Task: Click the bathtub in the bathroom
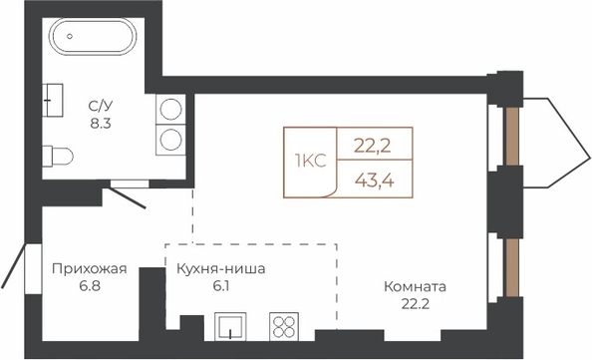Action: pyautogui.click(x=93, y=36)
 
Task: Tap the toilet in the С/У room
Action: pyautogui.click(x=58, y=156)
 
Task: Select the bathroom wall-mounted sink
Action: pyautogui.click(x=52, y=100)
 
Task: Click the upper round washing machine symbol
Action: pyautogui.click(x=170, y=109)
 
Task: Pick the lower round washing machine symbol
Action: pyautogui.click(x=170, y=140)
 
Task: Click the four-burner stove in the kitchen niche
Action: pyautogui.click(x=284, y=327)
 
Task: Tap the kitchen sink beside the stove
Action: pyautogui.click(x=230, y=327)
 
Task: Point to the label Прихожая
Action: pyautogui.click(x=90, y=269)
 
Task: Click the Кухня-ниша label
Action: pyautogui.click(x=221, y=269)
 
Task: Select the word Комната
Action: pyautogui.click(x=415, y=287)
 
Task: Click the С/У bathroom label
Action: pyautogui.click(x=101, y=106)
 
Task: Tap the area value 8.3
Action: pyautogui.click(x=101, y=124)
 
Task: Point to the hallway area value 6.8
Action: pyautogui.click(x=90, y=286)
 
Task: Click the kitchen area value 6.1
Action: pyautogui.click(x=221, y=286)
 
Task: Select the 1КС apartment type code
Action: pyautogui.click(x=310, y=162)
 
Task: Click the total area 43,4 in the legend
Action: pyautogui.click(x=375, y=181)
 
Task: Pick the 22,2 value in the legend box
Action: pyautogui.click(x=373, y=146)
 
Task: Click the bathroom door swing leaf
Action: pyautogui.click(x=125, y=197)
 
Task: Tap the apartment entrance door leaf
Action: pyautogui.click(x=14, y=265)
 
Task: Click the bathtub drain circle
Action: pyautogui.click(x=70, y=36)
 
